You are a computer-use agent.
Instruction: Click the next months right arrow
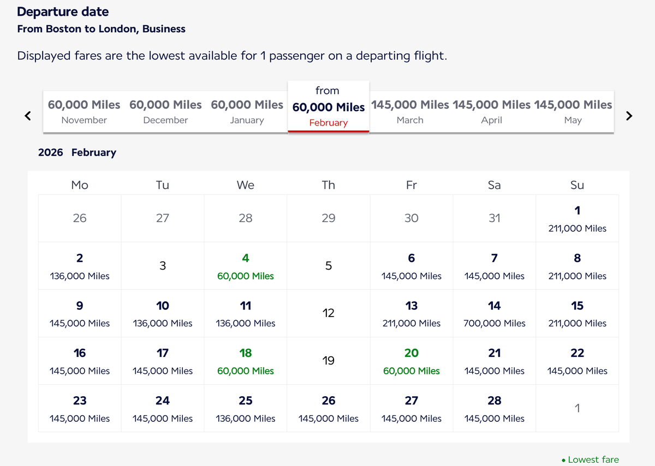tap(629, 116)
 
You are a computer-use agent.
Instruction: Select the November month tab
tap(84, 111)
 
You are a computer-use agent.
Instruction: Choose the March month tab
tap(410, 111)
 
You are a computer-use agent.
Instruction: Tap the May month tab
tap(573, 111)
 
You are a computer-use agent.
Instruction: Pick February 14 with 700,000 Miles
tap(494, 313)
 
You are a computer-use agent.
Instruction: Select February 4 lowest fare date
tap(246, 266)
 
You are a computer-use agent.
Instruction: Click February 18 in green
tap(246, 361)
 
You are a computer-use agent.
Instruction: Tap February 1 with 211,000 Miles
tap(577, 218)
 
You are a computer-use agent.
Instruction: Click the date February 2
tap(80, 266)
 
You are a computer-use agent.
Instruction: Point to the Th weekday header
tap(328, 185)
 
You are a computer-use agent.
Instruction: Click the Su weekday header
tap(577, 185)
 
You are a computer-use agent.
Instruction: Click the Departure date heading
tap(63, 11)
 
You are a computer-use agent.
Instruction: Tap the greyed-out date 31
tap(494, 218)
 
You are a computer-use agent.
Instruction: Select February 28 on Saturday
tap(494, 408)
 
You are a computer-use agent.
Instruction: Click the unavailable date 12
tap(328, 313)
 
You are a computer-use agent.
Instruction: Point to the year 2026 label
tap(50, 152)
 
